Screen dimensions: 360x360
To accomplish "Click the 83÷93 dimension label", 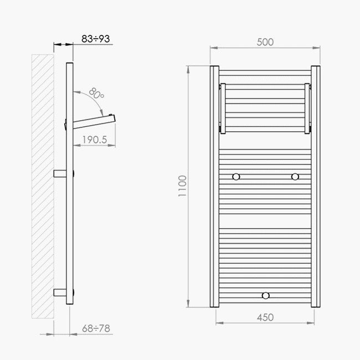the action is (95, 39).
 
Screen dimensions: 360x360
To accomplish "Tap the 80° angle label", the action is (97, 93).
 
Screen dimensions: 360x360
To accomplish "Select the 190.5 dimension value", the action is (95, 140).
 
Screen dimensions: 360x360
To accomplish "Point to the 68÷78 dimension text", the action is (96, 328).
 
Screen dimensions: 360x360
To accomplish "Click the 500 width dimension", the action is (265, 42).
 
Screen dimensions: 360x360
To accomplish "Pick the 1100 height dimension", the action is (182, 186).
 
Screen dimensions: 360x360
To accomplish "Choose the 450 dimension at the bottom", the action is (265, 317).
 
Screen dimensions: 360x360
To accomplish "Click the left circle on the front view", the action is (236, 177).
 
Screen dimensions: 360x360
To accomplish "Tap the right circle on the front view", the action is (295, 177).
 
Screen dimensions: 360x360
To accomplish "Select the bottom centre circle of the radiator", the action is (266, 296).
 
